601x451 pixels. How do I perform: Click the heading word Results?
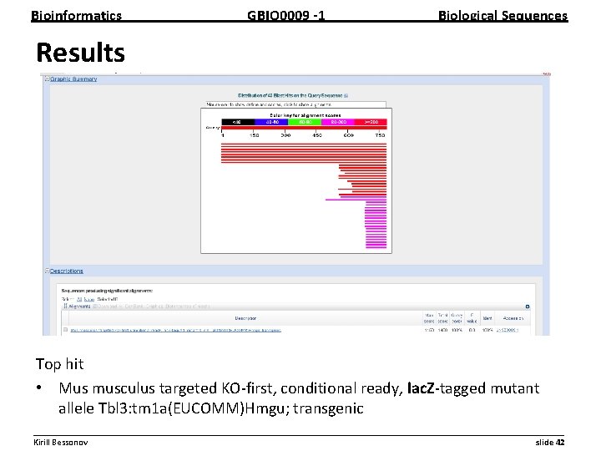(x=80, y=53)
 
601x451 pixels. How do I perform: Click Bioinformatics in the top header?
(x=76, y=15)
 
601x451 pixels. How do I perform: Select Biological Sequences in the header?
(x=503, y=15)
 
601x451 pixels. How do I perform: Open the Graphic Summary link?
(x=73, y=79)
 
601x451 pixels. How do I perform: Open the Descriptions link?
(x=67, y=271)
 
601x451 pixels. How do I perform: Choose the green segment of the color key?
(x=306, y=122)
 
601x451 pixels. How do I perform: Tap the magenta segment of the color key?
(x=338, y=122)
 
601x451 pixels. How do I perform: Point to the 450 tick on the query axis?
(x=316, y=134)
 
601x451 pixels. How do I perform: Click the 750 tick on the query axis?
(x=380, y=134)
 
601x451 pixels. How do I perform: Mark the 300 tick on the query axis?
(x=285, y=134)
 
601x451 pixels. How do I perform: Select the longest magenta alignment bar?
(x=356, y=200)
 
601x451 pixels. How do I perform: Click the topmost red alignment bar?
(x=304, y=143)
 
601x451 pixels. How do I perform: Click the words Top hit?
(x=59, y=364)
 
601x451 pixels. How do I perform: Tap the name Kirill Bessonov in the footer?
(x=60, y=441)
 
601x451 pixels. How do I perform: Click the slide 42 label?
(x=549, y=441)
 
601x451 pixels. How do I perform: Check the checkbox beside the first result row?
(x=65, y=330)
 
